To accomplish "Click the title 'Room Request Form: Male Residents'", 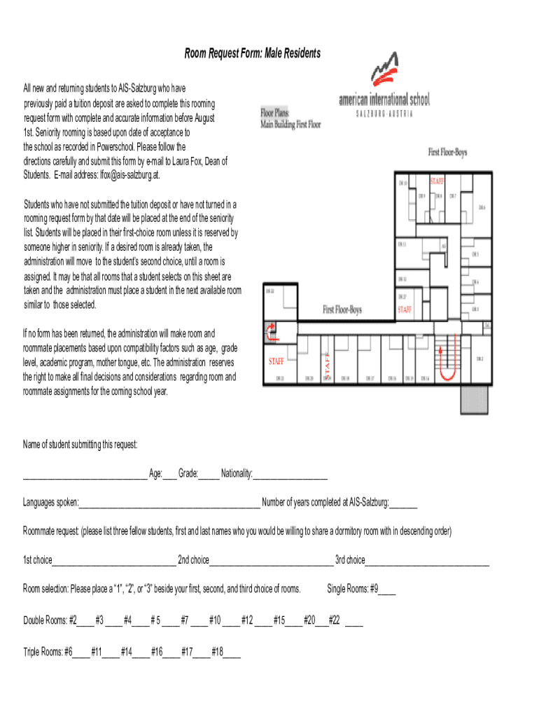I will click(253, 54).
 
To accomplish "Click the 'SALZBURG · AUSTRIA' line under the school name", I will click(384, 113).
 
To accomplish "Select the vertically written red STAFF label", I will click(328, 363).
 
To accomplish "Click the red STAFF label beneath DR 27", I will click(405, 309).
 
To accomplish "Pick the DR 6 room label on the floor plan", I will click(482, 207).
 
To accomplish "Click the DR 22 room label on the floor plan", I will click(269, 290).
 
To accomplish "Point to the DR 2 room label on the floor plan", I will click(479, 359).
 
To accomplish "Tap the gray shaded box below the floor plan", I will click(473, 398).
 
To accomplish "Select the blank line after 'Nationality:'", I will click(290, 475).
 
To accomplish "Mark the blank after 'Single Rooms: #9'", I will click(387, 590).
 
